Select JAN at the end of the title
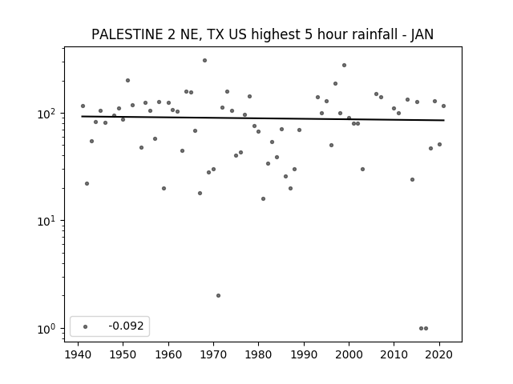point(422,34)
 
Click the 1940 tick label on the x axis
point(78,354)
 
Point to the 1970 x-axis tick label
point(214,354)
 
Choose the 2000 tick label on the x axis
point(349,354)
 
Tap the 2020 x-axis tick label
point(439,354)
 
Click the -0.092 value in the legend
point(127,326)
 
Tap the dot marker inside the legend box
point(86,326)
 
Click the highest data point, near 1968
point(205,61)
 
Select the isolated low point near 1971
point(218,295)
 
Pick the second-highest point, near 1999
point(344,66)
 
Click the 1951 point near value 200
point(128,80)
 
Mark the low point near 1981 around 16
point(264,199)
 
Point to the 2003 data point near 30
point(362,169)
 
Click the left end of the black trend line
point(82,116)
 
